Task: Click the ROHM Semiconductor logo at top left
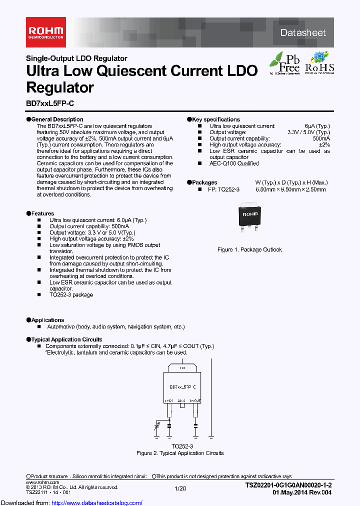(45, 32)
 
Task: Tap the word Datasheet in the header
(302, 33)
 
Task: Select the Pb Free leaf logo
(285, 63)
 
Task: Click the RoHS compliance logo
(319, 63)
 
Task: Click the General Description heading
(57, 119)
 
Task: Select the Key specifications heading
(215, 119)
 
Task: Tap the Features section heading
(42, 213)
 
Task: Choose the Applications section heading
(47, 320)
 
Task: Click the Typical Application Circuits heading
(66, 339)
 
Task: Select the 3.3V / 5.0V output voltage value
(309, 132)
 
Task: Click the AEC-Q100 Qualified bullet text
(234, 163)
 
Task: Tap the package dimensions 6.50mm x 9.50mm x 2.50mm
(290, 189)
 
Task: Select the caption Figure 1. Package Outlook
(249, 249)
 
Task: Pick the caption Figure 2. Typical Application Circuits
(180, 453)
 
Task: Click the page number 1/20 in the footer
(180, 487)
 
